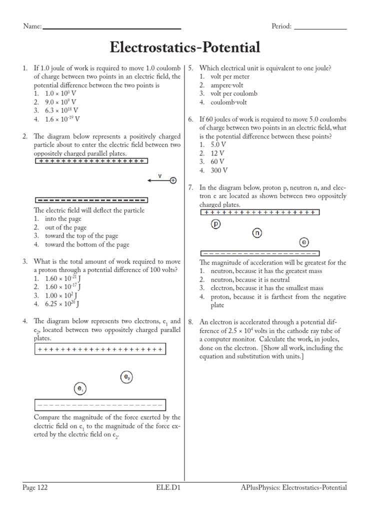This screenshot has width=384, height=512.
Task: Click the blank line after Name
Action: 112,28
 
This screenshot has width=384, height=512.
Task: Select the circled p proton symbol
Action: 216,224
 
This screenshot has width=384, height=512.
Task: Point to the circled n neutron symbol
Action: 257,233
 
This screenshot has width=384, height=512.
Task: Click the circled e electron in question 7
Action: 304,242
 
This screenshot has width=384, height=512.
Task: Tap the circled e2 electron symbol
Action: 126,377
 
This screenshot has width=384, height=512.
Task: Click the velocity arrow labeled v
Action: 158,180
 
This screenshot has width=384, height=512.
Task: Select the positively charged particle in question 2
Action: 173,180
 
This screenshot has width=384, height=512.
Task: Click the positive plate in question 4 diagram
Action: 100,349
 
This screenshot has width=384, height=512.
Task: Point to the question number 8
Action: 191,322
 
